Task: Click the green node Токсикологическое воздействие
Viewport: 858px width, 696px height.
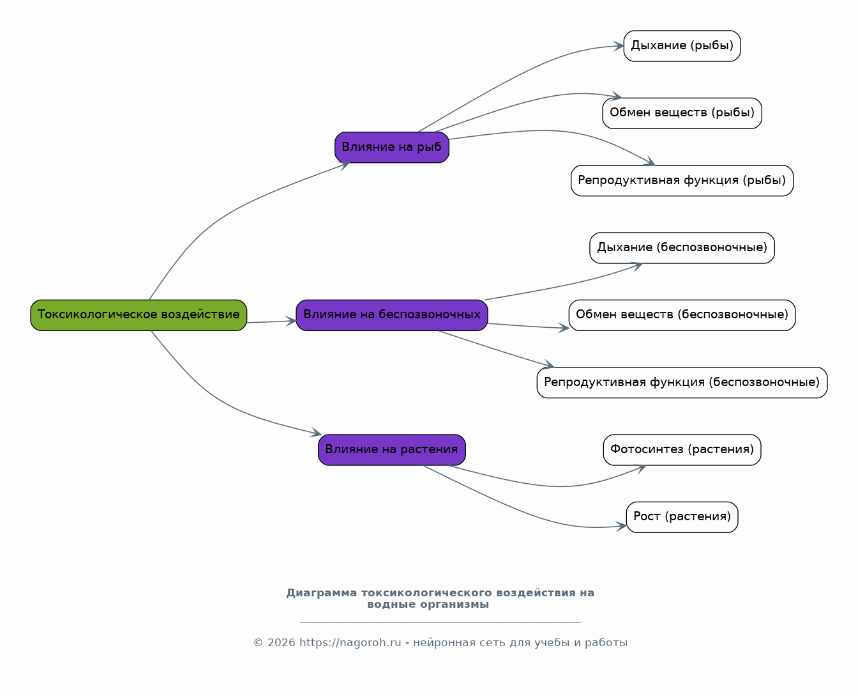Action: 139,315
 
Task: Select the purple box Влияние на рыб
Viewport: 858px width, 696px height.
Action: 391,147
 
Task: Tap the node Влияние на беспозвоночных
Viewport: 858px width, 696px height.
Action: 391,315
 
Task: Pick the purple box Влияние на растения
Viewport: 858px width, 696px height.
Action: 391,450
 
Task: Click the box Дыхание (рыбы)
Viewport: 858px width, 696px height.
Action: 682,46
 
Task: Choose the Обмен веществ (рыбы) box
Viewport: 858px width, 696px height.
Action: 682,113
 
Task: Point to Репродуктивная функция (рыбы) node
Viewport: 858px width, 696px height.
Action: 682,181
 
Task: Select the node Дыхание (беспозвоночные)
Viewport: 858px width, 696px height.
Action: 682,248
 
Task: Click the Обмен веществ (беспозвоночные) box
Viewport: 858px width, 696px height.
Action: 682,315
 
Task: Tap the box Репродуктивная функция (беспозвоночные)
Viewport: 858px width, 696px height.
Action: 682,383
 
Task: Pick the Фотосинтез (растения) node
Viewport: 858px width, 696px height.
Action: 682,450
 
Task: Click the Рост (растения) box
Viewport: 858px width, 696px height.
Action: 682,517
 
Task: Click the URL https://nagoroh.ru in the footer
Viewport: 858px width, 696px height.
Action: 350,643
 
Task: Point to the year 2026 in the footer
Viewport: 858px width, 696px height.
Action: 281,643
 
